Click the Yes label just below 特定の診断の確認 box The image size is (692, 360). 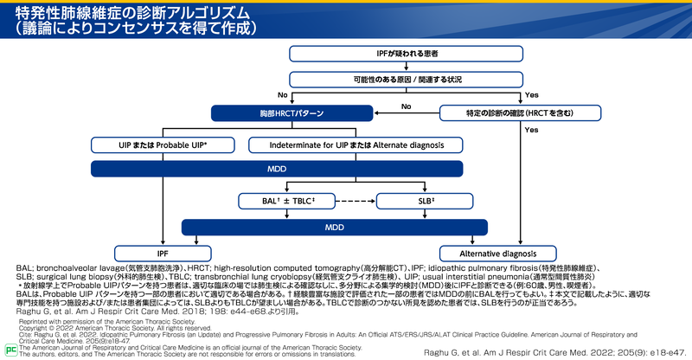click(531, 130)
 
